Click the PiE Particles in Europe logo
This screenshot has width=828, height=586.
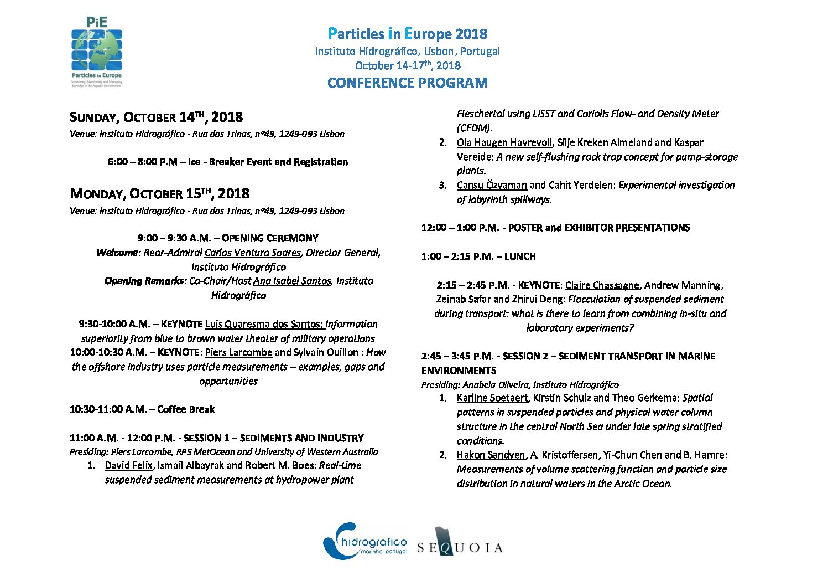(97, 52)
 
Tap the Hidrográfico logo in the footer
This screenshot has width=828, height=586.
(365, 541)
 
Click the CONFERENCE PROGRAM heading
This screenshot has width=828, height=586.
(408, 83)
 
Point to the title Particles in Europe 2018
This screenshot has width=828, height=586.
(408, 34)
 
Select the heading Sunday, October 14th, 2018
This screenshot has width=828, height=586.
(156, 117)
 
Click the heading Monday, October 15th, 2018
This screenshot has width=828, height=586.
(159, 194)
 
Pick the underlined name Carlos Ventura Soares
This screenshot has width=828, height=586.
(252, 253)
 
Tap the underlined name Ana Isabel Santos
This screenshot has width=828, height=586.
(292, 281)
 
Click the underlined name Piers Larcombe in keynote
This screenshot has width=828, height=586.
(238, 353)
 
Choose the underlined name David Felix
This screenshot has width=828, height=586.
(128, 466)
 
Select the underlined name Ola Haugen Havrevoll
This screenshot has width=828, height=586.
(504, 143)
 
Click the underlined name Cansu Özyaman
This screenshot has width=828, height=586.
(492, 186)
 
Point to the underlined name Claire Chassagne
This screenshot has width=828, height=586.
(602, 286)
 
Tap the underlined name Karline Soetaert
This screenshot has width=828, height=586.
(492, 398)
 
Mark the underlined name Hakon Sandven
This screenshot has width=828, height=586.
(491, 455)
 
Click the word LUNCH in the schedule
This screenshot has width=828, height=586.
(520, 256)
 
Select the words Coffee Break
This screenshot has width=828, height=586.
(186, 410)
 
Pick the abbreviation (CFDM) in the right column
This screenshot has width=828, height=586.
(474, 128)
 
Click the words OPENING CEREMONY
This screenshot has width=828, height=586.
(270, 239)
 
